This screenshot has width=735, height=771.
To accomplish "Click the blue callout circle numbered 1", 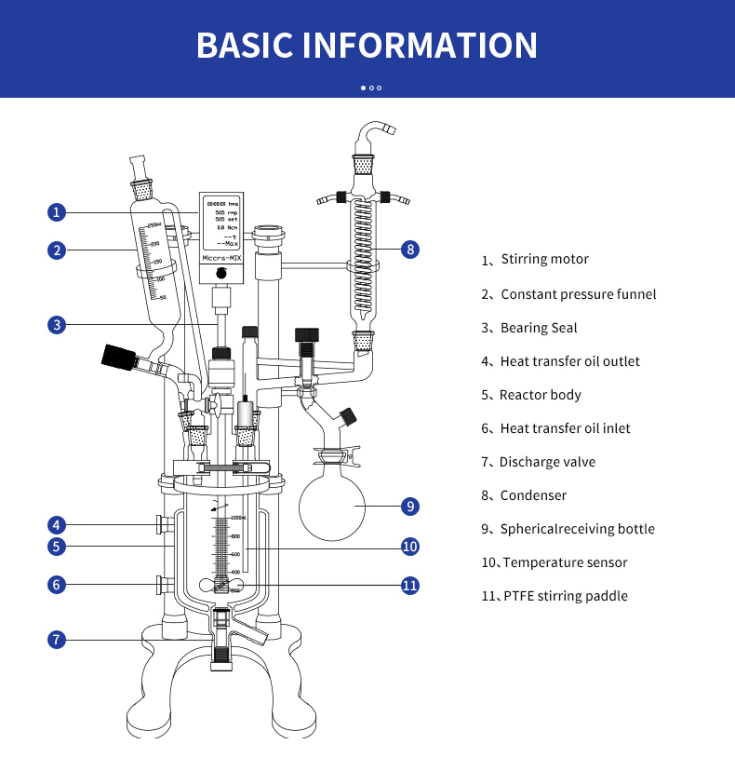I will tap(57, 212).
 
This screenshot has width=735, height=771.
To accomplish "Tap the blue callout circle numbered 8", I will tap(410, 249).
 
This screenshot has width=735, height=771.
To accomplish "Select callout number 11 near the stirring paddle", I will tap(410, 586).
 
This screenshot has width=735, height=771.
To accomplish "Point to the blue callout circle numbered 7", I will tap(57, 640).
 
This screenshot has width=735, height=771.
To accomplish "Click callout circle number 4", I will tap(57, 524).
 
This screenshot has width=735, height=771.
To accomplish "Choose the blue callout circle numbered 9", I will tap(410, 507).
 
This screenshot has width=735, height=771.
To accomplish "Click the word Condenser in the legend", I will tap(533, 495).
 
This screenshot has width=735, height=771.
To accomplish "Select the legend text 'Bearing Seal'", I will tap(539, 328).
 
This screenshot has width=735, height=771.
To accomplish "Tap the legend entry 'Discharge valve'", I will tap(547, 462).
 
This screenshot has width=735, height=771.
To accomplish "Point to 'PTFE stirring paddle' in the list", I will tap(565, 596).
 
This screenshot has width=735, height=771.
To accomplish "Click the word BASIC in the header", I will tap(245, 46).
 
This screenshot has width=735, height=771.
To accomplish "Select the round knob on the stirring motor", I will tap(221, 274).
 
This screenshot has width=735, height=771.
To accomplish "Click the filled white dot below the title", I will tap(363, 88).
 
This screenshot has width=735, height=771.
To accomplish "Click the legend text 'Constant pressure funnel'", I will tap(578, 294).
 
